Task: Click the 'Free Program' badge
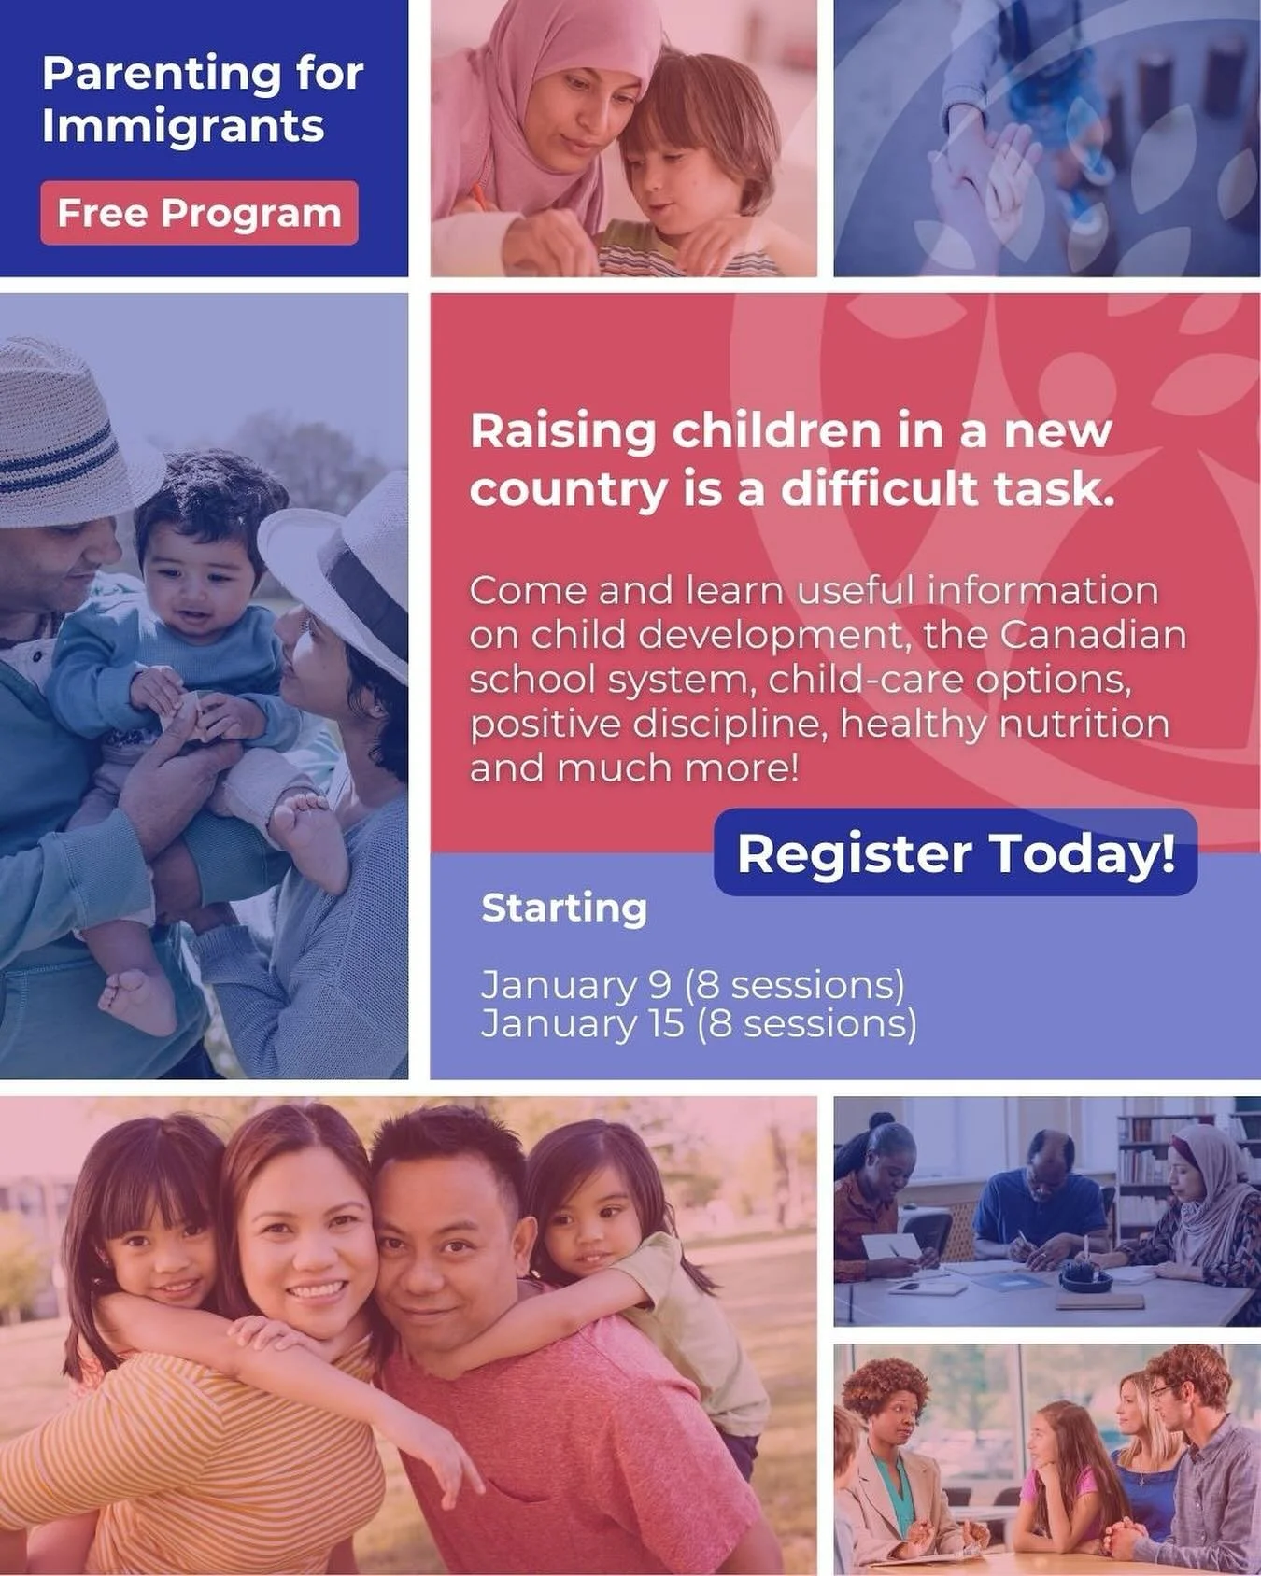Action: (x=199, y=213)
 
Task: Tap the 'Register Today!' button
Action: (x=956, y=853)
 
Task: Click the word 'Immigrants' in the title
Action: (x=183, y=126)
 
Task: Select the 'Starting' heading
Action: (x=564, y=908)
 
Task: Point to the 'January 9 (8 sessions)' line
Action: (x=692, y=985)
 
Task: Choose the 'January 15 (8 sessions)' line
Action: (x=699, y=1023)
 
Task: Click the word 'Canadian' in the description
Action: (x=1093, y=635)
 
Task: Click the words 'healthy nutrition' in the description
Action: (x=1005, y=724)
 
